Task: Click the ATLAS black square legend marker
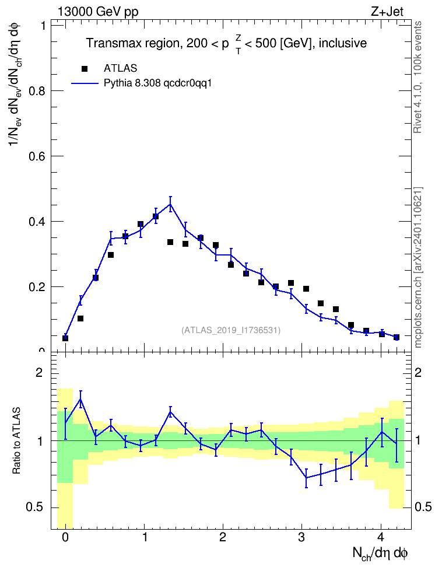click(x=85, y=69)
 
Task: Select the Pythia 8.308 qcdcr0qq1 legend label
click(x=157, y=83)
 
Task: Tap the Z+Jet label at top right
click(x=387, y=12)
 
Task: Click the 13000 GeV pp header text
click(x=98, y=12)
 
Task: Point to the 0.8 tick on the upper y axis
click(x=37, y=91)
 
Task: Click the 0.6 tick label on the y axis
click(x=37, y=156)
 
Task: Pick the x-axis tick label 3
click(x=301, y=537)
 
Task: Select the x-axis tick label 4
click(x=381, y=537)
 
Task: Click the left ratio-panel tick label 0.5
click(x=34, y=508)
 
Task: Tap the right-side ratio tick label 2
click(x=418, y=373)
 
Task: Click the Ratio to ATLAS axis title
click(x=17, y=440)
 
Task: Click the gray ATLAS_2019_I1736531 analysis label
click(x=231, y=330)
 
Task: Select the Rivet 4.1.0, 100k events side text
click(x=418, y=77)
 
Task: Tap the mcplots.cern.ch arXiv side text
click(x=418, y=268)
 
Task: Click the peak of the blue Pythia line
click(x=170, y=204)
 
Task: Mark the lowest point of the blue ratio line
click(x=306, y=478)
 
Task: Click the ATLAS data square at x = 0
click(x=65, y=338)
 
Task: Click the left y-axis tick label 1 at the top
click(x=43, y=26)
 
